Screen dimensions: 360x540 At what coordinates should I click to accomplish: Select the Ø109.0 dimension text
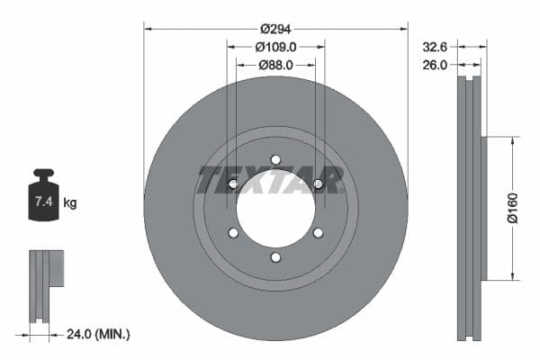(276, 47)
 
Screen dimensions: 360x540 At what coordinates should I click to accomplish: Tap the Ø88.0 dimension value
(276, 65)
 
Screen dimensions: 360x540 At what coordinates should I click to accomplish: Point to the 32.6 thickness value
(436, 46)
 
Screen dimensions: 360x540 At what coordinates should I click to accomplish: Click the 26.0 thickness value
(436, 65)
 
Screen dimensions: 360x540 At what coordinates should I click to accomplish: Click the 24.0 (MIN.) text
(99, 334)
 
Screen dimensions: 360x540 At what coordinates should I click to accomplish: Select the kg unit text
(70, 203)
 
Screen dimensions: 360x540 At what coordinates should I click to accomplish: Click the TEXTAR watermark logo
(271, 180)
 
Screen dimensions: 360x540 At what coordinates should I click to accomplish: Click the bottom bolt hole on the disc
(275, 257)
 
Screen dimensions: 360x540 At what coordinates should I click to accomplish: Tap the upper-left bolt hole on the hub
(233, 184)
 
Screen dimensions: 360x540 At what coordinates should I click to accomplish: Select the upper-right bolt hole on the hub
(318, 184)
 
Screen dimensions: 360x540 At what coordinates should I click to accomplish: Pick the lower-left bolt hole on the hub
(233, 233)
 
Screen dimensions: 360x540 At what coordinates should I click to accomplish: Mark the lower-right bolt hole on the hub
(318, 233)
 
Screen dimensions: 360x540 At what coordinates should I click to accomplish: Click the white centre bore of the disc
(275, 209)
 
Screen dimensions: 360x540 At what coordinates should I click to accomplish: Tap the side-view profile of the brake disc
(471, 209)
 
